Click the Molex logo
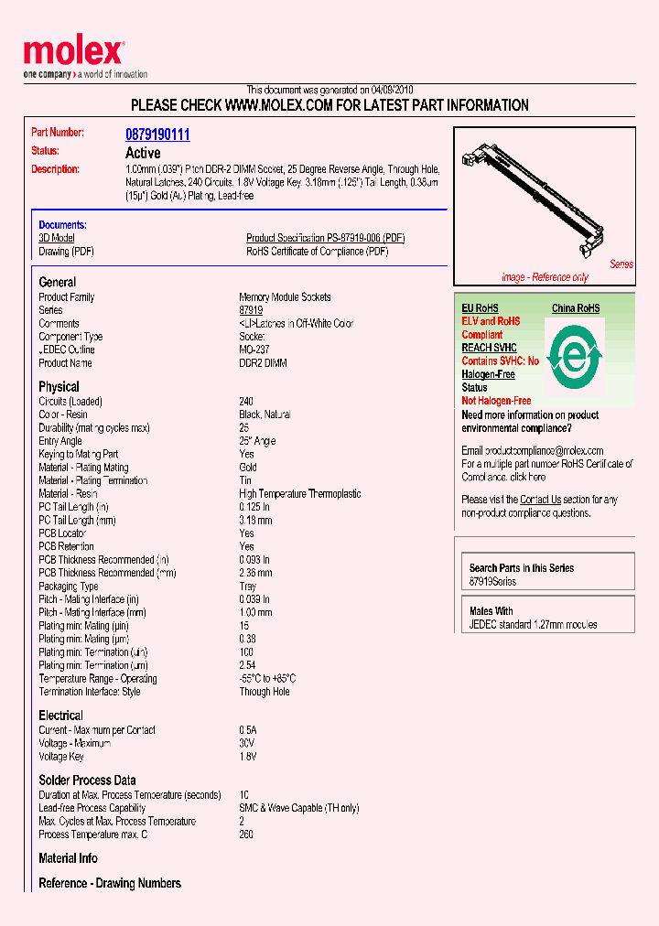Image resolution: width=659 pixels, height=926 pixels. click(x=73, y=55)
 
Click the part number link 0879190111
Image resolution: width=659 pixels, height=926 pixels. click(x=157, y=135)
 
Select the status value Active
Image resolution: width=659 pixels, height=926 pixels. click(x=143, y=153)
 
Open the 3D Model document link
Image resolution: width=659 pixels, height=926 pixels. click(x=56, y=238)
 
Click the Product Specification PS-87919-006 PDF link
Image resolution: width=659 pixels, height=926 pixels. click(x=325, y=238)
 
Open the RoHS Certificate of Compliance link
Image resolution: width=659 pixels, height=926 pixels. click(x=317, y=252)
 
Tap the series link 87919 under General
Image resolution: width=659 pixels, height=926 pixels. click(x=251, y=310)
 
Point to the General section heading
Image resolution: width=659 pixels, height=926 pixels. click(x=57, y=282)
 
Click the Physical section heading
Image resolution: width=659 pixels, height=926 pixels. click(x=59, y=386)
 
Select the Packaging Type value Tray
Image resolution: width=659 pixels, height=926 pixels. click(x=249, y=586)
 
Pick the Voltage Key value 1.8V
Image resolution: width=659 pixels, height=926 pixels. click(x=248, y=757)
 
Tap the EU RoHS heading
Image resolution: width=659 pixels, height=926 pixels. click(x=480, y=308)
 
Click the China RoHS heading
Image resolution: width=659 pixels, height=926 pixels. click(x=576, y=308)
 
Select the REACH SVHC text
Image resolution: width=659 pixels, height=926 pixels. click(x=489, y=348)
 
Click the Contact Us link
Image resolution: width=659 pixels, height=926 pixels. click(x=540, y=500)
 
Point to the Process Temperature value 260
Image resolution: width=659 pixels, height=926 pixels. click(x=246, y=834)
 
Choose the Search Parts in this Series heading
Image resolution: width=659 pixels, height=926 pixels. click(x=522, y=568)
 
